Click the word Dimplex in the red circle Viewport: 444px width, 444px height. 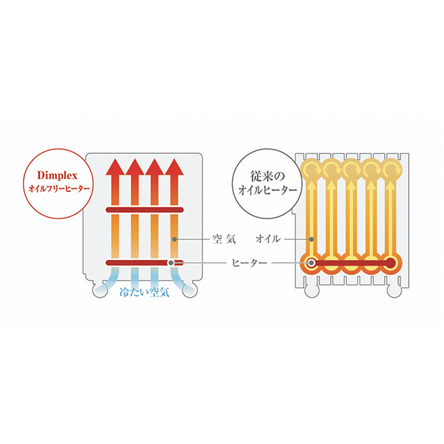(57, 175)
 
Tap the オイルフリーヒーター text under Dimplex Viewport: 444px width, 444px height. (59, 188)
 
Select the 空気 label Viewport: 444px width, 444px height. (224, 239)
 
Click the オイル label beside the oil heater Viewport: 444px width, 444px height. (268, 239)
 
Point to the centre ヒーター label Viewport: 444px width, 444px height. (249, 263)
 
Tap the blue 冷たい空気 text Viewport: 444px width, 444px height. (145, 292)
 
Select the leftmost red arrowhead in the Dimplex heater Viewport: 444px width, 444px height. (115, 167)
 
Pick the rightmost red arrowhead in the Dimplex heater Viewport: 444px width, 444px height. (175, 167)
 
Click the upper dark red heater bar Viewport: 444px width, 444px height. (145, 210)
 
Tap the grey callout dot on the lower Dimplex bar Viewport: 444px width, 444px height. (170, 263)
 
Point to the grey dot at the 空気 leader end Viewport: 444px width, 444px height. (175, 239)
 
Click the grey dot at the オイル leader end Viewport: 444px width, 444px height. (312, 239)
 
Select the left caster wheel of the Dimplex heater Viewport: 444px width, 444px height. (100, 290)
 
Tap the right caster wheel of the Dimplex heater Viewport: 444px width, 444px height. (190, 290)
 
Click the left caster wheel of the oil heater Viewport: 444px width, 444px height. (312, 290)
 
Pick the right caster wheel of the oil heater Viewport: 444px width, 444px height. (394, 290)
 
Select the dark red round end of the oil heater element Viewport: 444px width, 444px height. (391, 263)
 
